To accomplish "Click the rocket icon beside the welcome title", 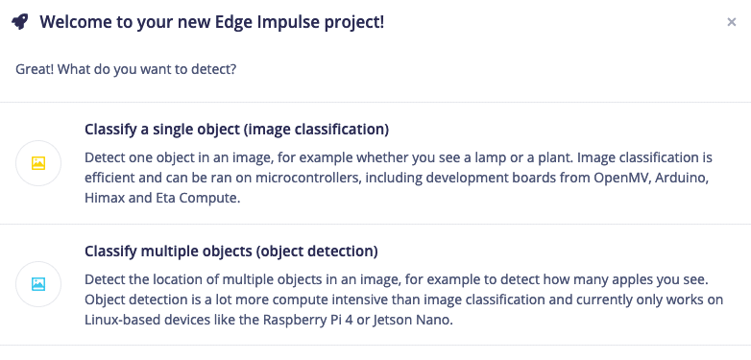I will point(20,21).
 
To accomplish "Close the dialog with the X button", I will point(732,22).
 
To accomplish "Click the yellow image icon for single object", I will point(38,163).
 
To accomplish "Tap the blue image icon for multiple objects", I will point(38,284).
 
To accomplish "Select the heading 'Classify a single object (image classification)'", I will point(236,129).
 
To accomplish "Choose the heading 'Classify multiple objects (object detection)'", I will point(231,252).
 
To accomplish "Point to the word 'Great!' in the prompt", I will point(36,70).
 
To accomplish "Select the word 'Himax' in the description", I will point(105,199).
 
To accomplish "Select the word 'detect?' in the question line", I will point(213,70).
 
